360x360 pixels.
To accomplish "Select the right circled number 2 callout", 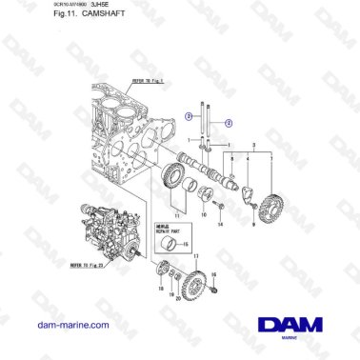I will [x=228, y=122].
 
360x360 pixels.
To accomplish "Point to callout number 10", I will [x=203, y=216].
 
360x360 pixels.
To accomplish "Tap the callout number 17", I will [x=196, y=257].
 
